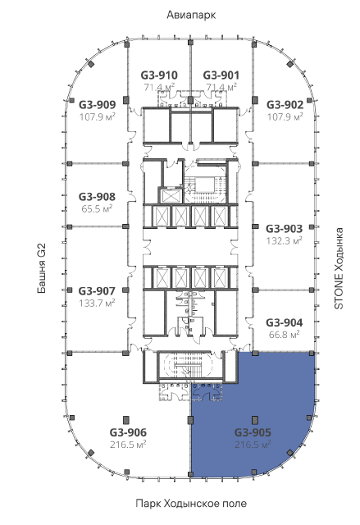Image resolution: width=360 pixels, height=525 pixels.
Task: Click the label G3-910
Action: (x=159, y=75)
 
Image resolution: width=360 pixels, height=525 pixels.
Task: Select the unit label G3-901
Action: (x=221, y=75)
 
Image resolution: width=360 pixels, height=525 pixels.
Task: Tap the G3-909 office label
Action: (x=98, y=105)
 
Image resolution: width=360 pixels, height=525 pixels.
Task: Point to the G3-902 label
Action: (x=285, y=105)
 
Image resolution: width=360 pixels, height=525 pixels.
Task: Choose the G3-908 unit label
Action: (x=97, y=197)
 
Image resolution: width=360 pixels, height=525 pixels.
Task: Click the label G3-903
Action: (x=284, y=229)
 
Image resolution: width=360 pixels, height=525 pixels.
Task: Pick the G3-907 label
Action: (x=97, y=291)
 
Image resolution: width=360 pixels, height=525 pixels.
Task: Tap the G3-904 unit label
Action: (x=284, y=322)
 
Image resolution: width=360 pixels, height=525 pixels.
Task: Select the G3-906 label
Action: (x=128, y=432)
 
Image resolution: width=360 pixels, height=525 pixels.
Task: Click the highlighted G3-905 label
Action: (x=253, y=432)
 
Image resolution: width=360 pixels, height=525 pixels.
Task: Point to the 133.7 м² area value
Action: (x=97, y=303)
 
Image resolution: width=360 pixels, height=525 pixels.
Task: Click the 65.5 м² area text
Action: (x=97, y=208)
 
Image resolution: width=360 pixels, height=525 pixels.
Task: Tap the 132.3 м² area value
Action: (x=285, y=240)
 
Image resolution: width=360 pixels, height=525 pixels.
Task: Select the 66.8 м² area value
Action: (x=285, y=334)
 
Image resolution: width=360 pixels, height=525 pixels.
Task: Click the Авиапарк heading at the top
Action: (x=191, y=15)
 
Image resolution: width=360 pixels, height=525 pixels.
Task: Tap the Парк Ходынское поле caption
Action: (x=191, y=503)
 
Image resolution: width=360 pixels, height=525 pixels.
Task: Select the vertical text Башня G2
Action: (x=42, y=268)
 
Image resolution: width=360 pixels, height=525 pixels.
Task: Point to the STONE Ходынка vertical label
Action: (x=339, y=268)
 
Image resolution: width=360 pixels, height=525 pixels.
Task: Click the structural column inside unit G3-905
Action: (x=255, y=419)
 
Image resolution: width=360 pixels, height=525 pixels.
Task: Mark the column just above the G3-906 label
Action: (x=126, y=419)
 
